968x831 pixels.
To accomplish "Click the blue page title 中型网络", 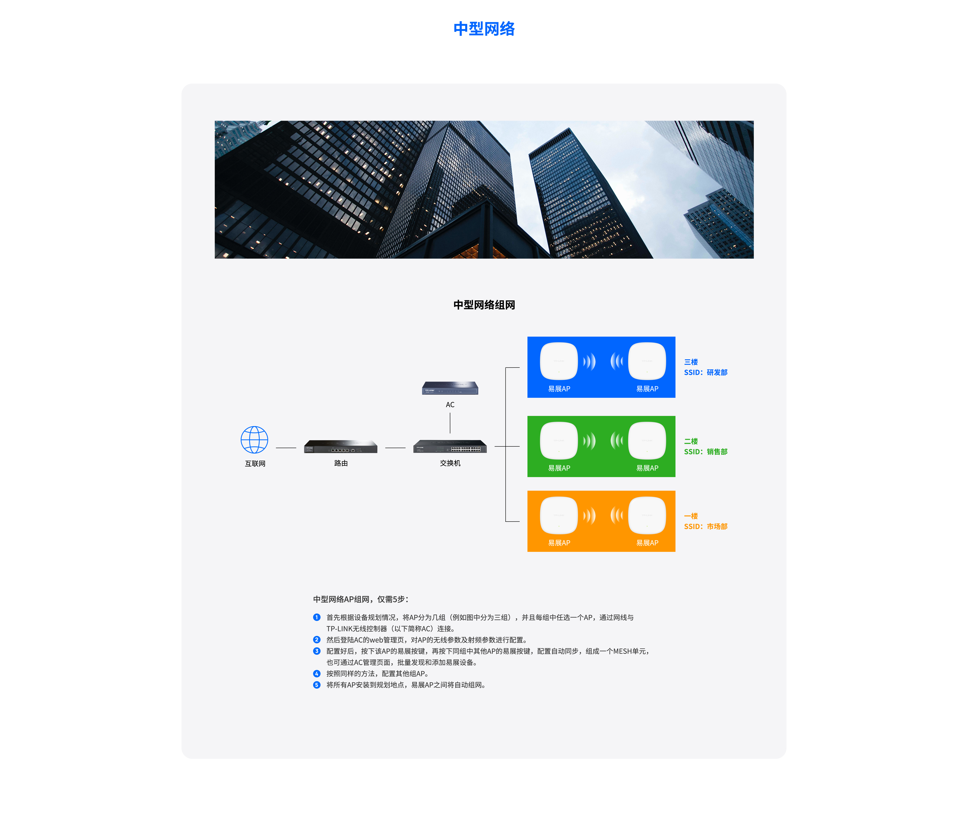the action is [484, 29].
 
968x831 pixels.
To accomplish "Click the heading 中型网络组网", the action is [484, 305].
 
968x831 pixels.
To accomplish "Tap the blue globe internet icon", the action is [254, 439].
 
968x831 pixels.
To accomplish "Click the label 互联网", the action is [255, 463].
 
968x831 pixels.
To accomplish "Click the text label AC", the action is [450, 404].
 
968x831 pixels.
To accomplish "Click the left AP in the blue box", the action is [559, 361].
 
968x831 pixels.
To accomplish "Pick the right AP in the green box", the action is [647, 441].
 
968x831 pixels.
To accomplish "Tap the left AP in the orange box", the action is [559, 515].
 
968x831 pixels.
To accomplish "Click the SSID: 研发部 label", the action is [705, 372].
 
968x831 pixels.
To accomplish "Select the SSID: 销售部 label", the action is [705, 452].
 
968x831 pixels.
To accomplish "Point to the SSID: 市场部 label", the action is [705, 526].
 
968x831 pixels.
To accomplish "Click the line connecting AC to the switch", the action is [450, 423].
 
